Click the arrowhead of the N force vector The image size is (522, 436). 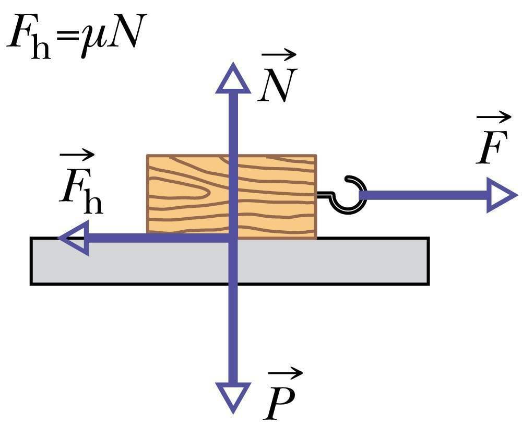pyautogui.click(x=233, y=80)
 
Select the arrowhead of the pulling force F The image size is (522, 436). pyautogui.click(x=501, y=195)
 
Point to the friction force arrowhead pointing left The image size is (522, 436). pyautogui.click(x=74, y=238)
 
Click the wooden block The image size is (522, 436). pyautogui.click(x=188, y=196)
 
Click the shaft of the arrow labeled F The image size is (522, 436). pyautogui.click(x=423, y=195)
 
